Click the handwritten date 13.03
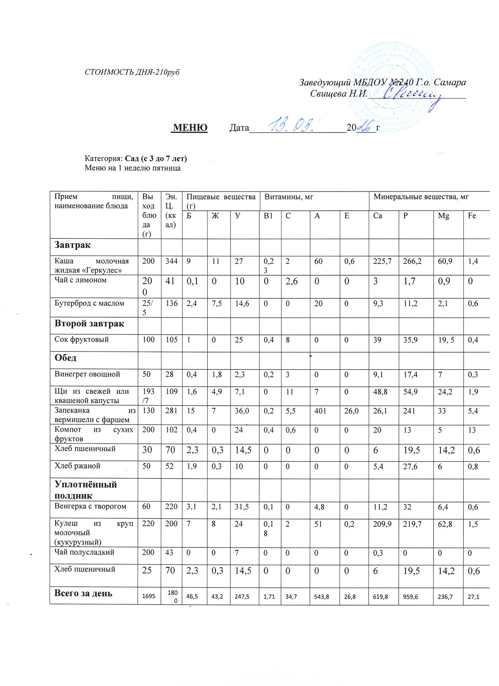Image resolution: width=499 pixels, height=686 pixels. [x=292, y=125]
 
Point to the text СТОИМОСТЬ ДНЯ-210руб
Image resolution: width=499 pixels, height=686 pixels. [x=132, y=72]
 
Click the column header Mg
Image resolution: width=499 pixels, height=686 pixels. [x=443, y=216]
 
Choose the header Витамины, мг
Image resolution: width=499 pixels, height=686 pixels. [x=289, y=197]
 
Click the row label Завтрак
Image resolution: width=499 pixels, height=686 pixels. [x=73, y=245]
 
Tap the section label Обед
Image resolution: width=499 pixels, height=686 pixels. [x=65, y=358]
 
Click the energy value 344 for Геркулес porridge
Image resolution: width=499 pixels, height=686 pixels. [x=172, y=261]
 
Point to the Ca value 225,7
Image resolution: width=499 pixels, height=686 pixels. [x=383, y=261]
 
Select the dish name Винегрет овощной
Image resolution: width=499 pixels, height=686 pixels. [x=87, y=374]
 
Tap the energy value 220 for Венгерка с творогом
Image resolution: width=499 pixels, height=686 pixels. [x=172, y=506]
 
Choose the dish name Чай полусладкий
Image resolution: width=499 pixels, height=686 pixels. [x=84, y=552]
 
